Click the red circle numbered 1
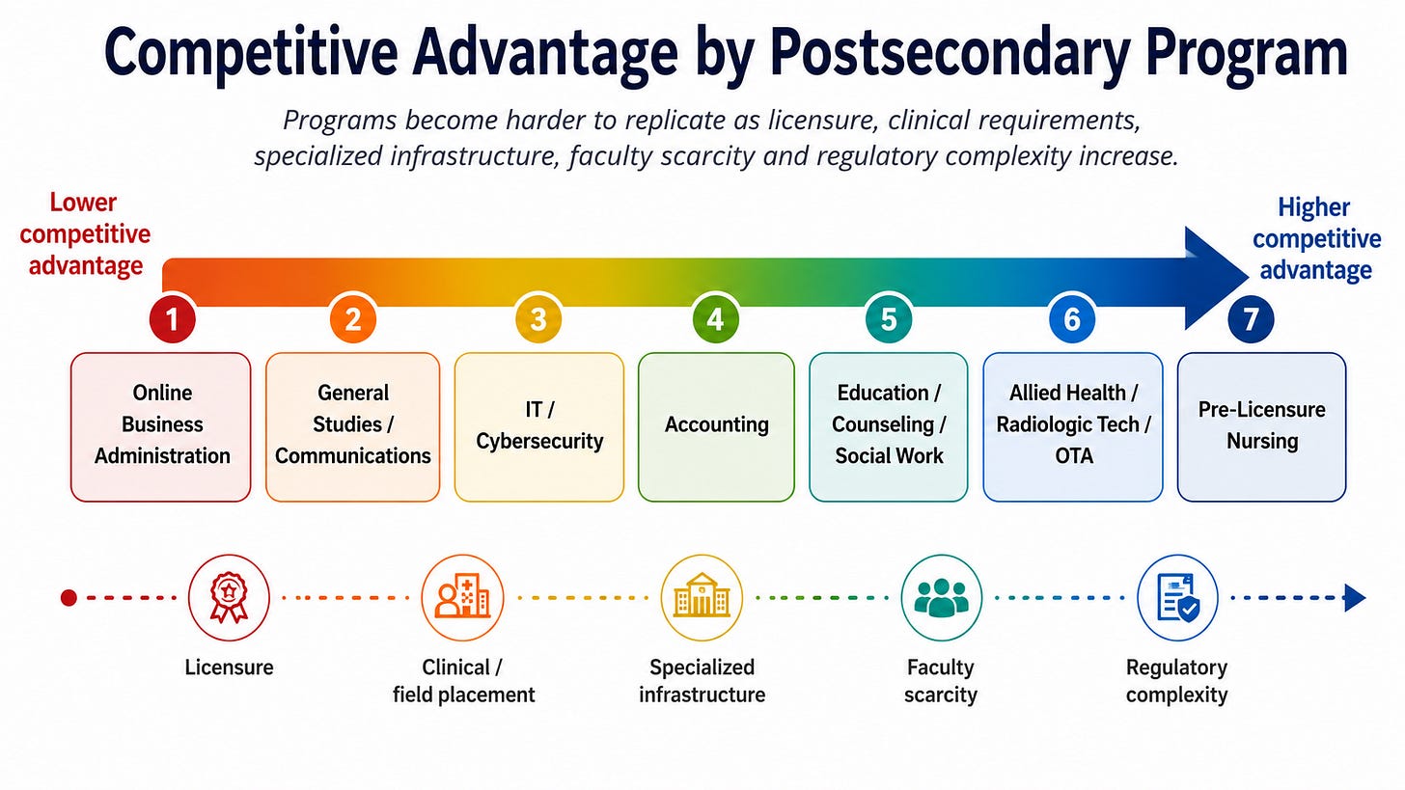173,319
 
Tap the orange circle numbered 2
353,319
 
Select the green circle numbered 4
716,319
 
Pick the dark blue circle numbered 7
1251,319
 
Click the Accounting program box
716,427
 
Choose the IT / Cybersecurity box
539,427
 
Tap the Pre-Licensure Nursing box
1262,427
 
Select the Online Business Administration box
161,427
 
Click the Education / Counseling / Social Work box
888,427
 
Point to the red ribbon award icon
229,597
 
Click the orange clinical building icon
462,597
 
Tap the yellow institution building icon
702,597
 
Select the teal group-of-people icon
942,597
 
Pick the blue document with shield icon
1178,597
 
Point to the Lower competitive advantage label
85,233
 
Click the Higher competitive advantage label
1316,239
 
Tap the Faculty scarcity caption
941,680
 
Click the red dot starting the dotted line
69,598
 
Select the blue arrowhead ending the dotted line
1355,597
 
